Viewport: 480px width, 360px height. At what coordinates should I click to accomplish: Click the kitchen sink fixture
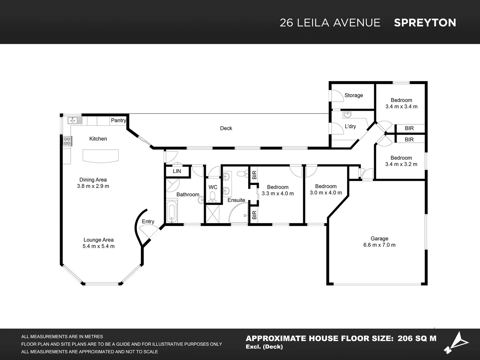pyautogui.click(x=75, y=120)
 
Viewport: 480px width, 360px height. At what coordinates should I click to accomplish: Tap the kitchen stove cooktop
pyautogui.click(x=67, y=141)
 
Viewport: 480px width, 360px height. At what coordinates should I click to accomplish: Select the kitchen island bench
pyautogui.click(x=101, y=156)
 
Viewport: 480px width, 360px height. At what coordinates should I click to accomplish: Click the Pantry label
pyautogui.click(x=118, y=120)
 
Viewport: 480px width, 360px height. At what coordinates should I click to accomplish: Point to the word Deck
pyautogui.click(x=226, y=128)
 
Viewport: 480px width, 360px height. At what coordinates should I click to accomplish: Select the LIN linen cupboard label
pyautogui.click(x=177, y=171)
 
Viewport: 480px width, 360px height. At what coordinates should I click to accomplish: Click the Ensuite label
pyautogui.click(x=236, y=200)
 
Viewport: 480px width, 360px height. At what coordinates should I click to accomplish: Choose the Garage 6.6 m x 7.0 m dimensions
pyautogui.click(x=379, y=245)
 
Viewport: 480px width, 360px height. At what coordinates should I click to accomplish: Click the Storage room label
pyautogui.click(x=354, y=95)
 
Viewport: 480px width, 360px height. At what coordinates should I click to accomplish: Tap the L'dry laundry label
pyautogui.click(x=350, y=126)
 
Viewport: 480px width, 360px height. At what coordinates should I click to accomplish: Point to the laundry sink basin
pyautogui.click(x=347, y=115)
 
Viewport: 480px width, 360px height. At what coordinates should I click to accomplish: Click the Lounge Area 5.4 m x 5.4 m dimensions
pyautogui.click(x=98, y=246)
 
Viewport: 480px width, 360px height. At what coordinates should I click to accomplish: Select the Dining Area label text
pyautogui.click(x=93, y=180)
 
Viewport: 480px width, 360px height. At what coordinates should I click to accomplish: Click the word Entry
pyautogui.click(x=148, y=222)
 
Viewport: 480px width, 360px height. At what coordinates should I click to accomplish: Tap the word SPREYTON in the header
pyautogui.click(x=425, y=23)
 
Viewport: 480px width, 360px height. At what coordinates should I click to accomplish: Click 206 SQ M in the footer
pyautogui.click(x=417, y=338)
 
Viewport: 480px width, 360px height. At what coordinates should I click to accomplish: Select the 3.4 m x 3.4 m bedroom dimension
pyautogui.click(x=401, y=107)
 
